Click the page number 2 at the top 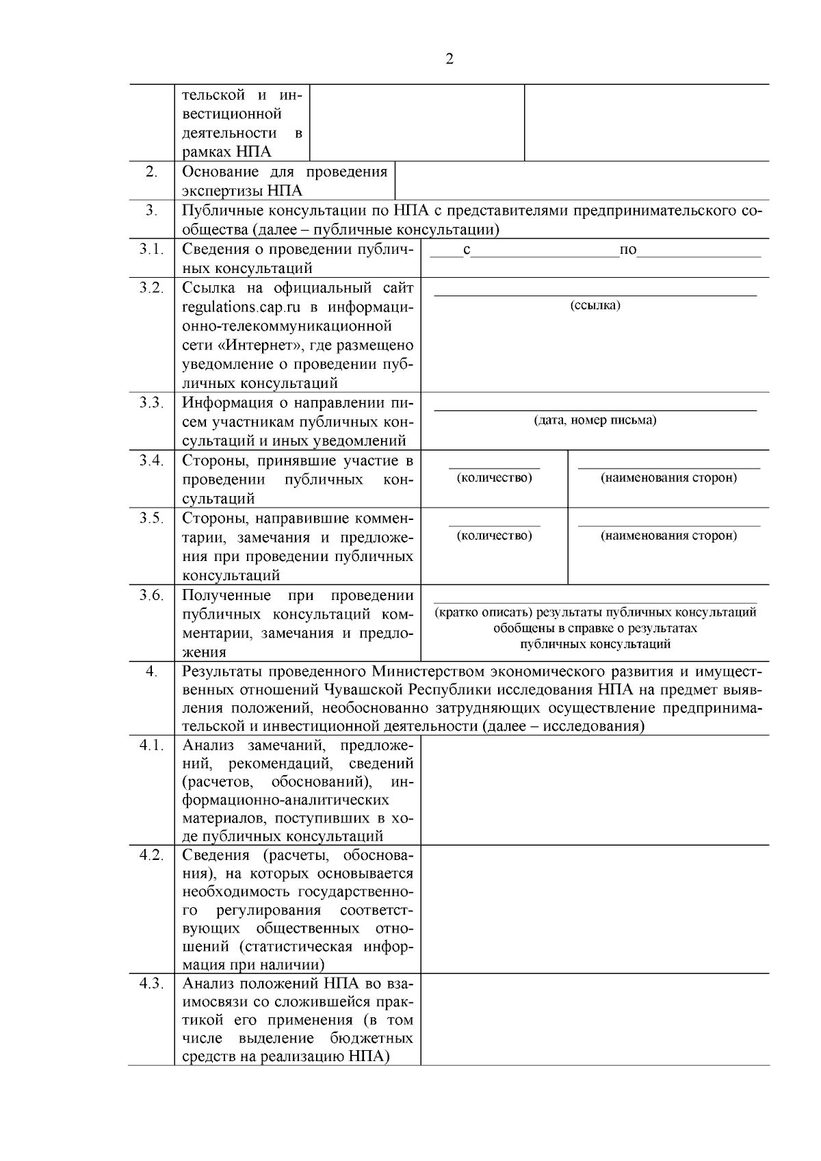pos(449,60)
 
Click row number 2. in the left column pos(151,172)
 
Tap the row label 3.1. pos(151,249)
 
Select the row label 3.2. pos(151,288)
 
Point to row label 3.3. pos(151,403)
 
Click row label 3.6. pos(151,595)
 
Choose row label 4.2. pos(151,855)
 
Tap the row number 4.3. pos(151,984)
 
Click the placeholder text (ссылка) pos(595,305)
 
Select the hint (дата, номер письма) pos(595,420)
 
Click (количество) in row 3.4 pos(494,478)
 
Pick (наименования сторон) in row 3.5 pos(668,535)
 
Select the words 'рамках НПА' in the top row pos(226,152)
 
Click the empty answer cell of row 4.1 pos(594,790)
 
